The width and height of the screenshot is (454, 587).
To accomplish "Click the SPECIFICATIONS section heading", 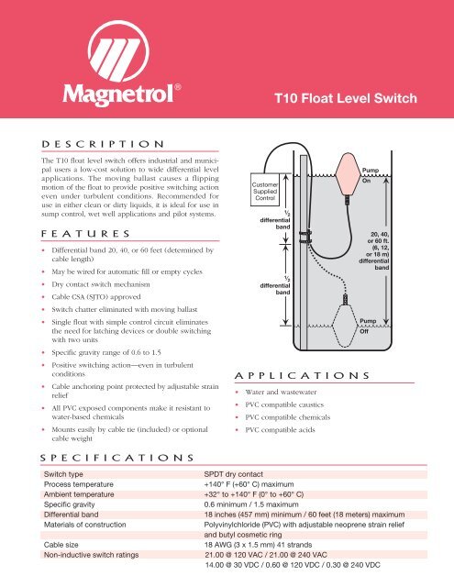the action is tap(118, 456).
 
